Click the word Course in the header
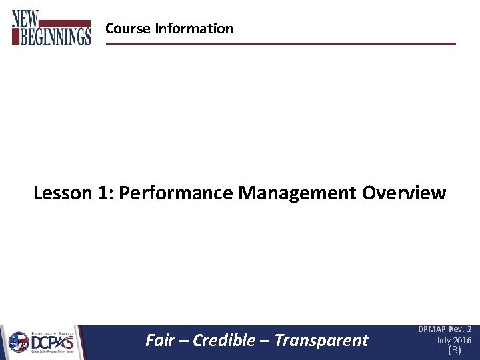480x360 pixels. pos(128,29)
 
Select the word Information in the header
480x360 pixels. pos(194,29)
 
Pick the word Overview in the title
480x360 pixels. pos(404,193)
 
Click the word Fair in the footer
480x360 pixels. pos(159,341)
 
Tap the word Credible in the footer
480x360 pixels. pos(224,341)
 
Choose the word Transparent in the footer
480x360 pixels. pos(321,341)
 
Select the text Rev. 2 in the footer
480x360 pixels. pos(461,329)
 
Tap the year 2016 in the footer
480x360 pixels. pos(461,340)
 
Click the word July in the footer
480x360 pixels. pos(443,340)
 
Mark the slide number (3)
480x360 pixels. pos(454,350)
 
